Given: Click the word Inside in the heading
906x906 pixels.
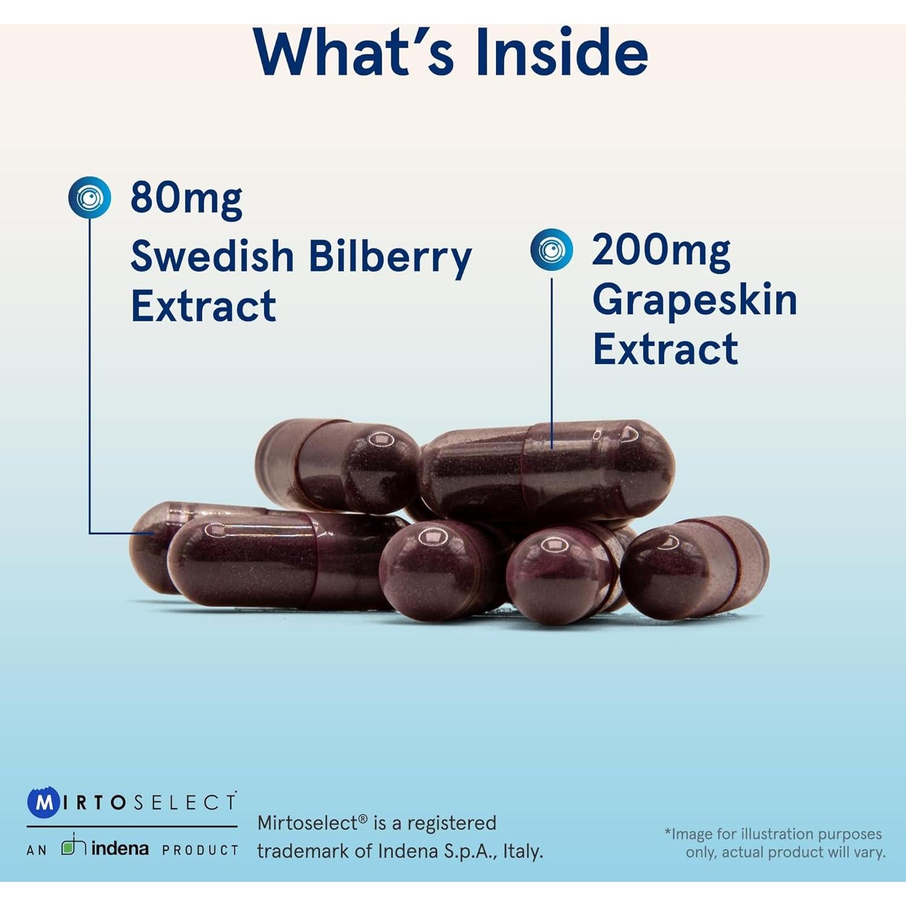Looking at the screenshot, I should (x=562, y=53).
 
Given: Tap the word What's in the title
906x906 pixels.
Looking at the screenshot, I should (x=354, y=53).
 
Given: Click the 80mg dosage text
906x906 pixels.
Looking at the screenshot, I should (x=186, y=198).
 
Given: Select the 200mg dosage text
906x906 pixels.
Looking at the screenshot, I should (x=661, y=250).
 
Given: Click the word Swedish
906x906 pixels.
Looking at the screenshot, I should (x=212, y=256).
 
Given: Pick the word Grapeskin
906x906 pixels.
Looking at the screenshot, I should (x=695, y=300).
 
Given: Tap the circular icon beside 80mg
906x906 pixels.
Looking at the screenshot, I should (x=89, y=197).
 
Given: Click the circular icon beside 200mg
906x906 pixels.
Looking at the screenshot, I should (x=551, y=249).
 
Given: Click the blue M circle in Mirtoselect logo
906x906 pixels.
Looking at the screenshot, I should (x=43, y=803).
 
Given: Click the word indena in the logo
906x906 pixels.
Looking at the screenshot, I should (x=120, y=848).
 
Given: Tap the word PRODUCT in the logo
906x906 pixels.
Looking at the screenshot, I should (x=200, y=850).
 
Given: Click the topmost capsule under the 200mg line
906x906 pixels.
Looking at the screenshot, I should (x=547, y=470).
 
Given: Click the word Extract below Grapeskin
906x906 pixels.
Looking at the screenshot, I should (x=665, y=349).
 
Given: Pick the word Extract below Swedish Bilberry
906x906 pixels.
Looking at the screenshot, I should (x=204, y=306).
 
